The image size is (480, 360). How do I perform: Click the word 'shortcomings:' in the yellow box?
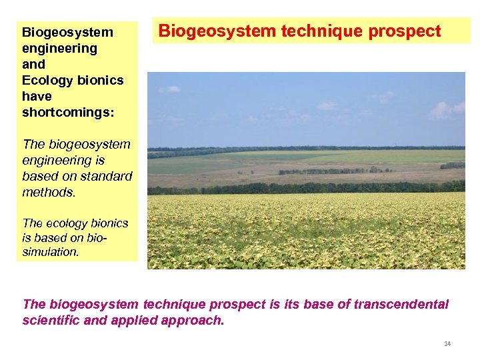tap(68, 112)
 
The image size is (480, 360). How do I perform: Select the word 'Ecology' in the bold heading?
tap(47, 80)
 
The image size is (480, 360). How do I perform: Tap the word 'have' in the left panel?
tap(37, 96)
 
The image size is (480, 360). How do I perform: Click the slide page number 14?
tap(447, 343)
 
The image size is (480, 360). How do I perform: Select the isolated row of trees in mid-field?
tap(333, 171)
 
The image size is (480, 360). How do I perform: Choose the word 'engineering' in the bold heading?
tap(59, 48)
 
